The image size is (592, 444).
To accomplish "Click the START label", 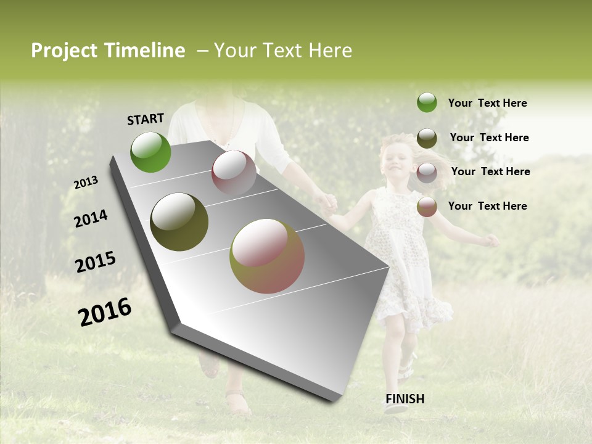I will (146, 119).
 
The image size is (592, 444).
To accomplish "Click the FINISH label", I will (405, 399).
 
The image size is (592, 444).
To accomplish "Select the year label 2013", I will (86, 183).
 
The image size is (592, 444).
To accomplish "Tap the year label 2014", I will (91, 219).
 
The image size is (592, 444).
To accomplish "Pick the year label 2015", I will (95, 262).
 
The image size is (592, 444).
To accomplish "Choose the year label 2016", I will (105, 312).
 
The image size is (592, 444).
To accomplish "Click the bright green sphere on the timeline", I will (150, 152).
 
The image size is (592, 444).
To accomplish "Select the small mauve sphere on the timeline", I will (234, 173).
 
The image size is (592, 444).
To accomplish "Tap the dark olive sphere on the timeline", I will (179, 221).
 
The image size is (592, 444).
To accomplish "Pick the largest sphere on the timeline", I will (267, 256).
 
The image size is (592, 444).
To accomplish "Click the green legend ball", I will (427, 102).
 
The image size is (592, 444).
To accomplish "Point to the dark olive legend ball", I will (427, 138).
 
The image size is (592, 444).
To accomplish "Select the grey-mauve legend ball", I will (427, 173).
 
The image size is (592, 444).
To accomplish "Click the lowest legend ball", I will (427, 207).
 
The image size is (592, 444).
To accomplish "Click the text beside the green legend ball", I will (487, 103).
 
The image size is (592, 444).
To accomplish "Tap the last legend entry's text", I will (487, 206).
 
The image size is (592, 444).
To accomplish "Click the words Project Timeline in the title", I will (108, 51).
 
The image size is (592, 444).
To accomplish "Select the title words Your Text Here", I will (283, 51).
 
